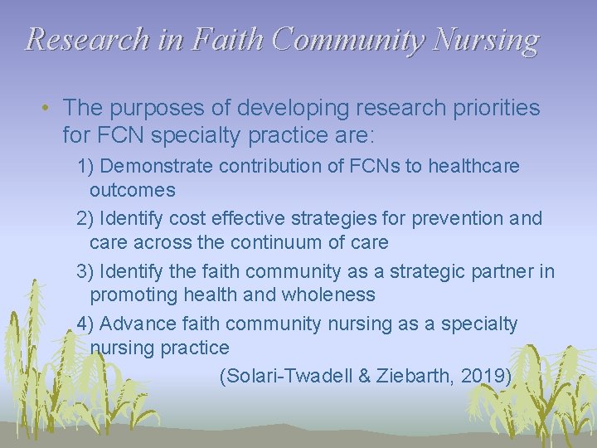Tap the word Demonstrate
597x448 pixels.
point(153,166)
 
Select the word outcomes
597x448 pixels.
point(133,190)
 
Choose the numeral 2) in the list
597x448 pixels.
point(85,218)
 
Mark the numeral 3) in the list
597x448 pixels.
point(85,270)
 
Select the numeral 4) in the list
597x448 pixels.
point(85,323)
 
